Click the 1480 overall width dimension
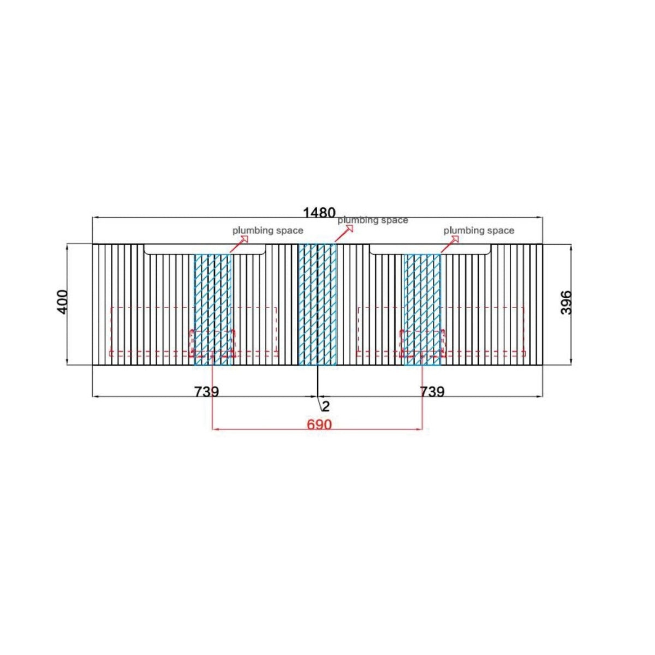(x=319, y=213)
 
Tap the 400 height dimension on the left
(x=63, y=302)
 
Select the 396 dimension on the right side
(x=566, y=303)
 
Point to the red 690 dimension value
(x=319, y=424)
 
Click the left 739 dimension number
(x=207, y=391)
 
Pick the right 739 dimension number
(x=432, y=391)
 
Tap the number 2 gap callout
(x=326, y=406)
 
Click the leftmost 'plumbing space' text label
(x=268, y=231)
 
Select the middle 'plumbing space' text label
(x=373, y=220)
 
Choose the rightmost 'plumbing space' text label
(x=479, y=231)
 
